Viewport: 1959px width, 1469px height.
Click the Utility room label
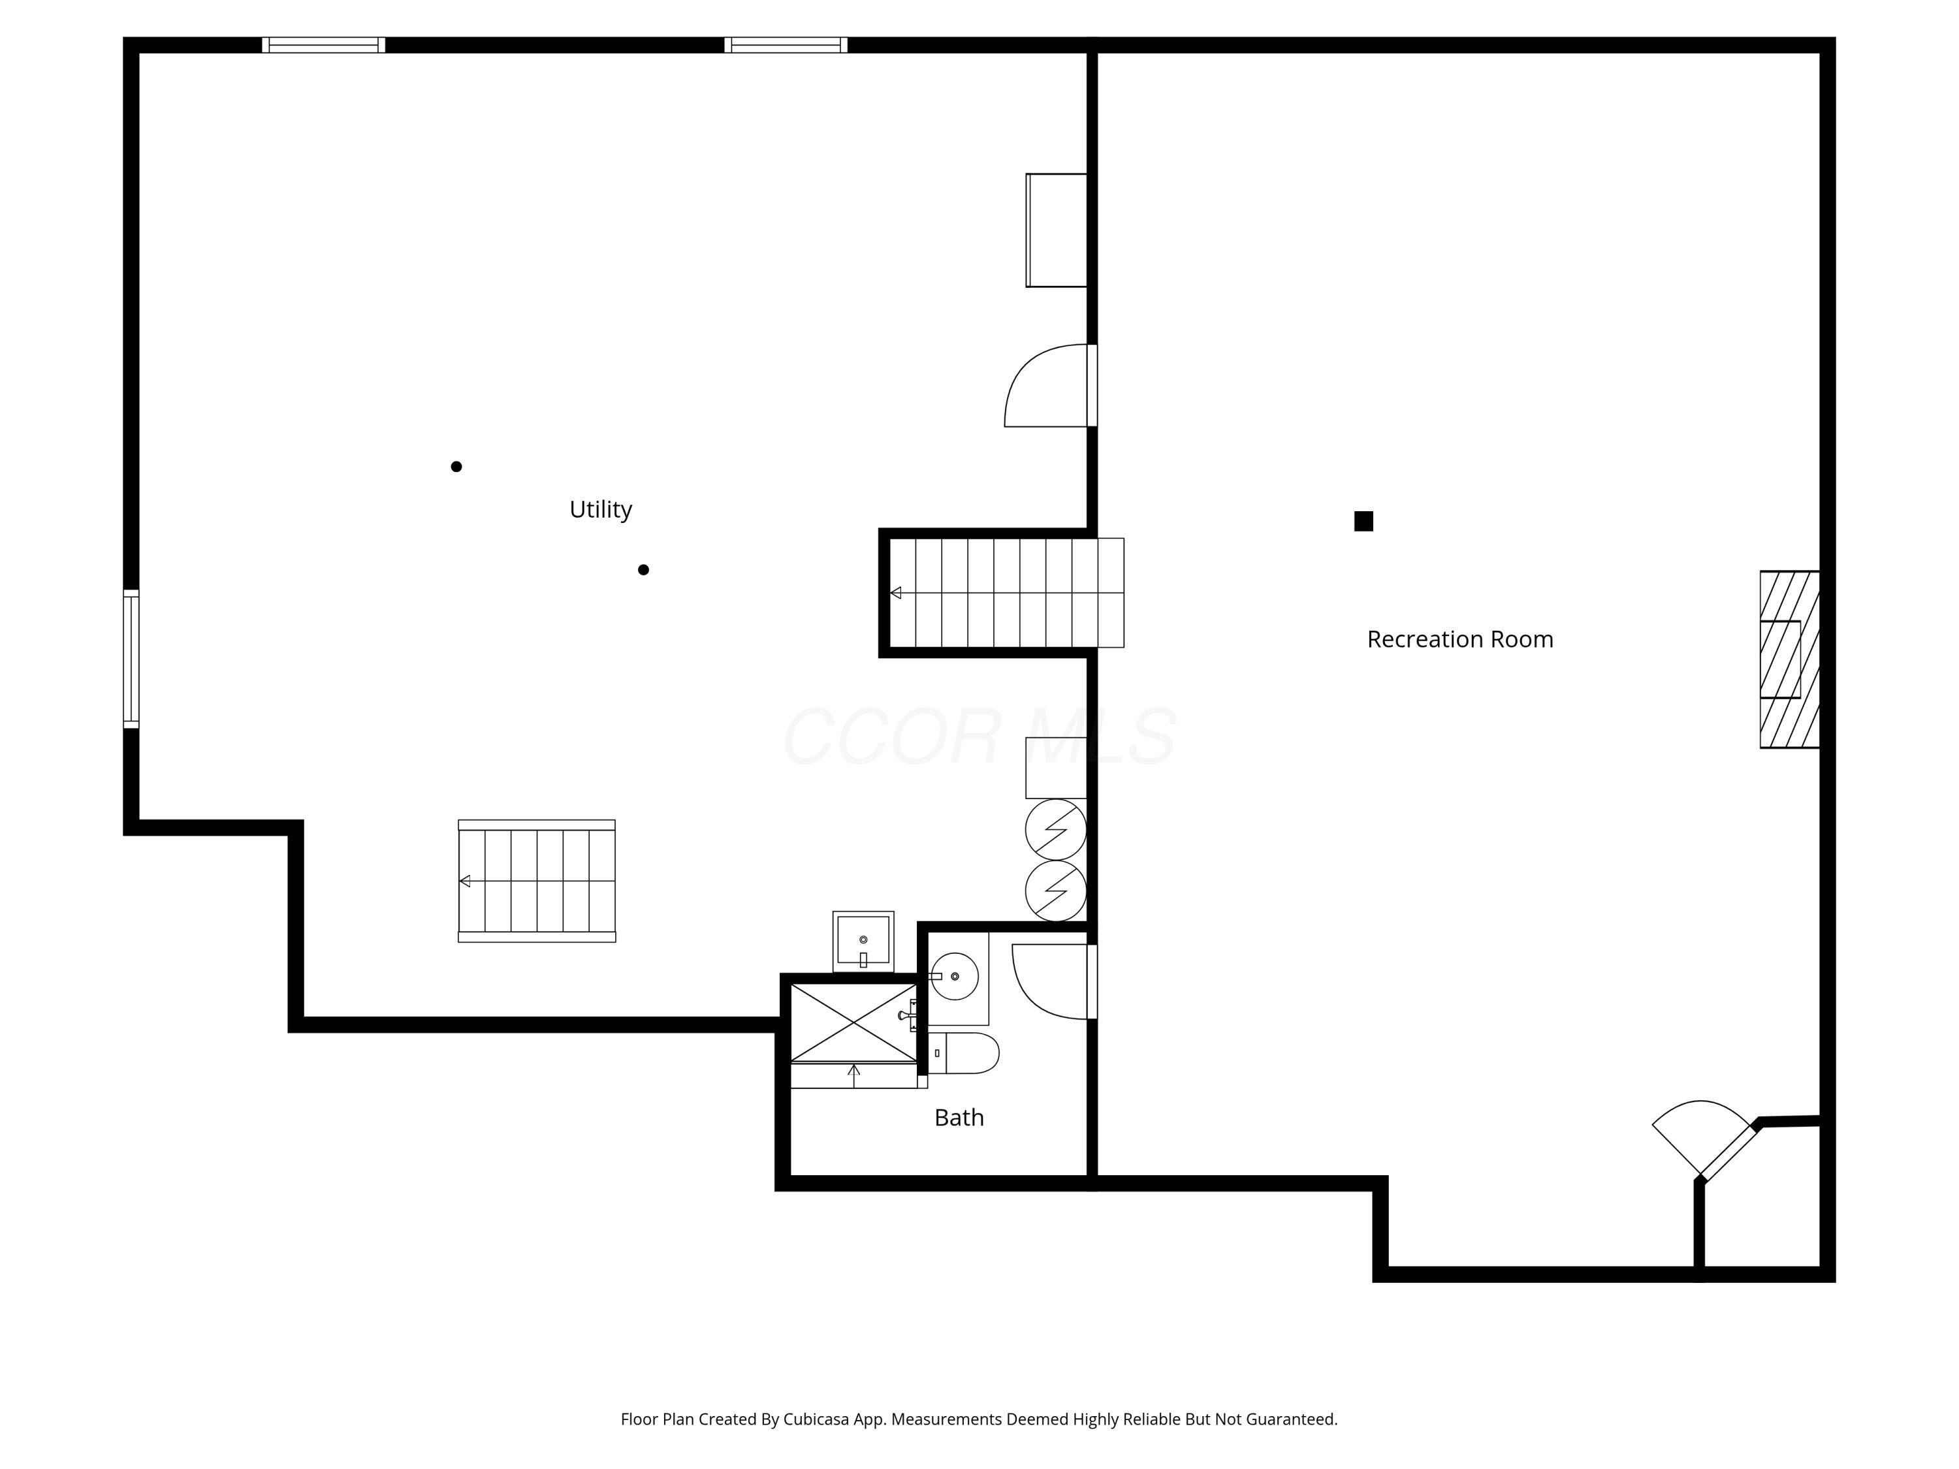[x=601, y=509]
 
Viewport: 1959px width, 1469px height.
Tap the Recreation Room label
[x=1459, y=639]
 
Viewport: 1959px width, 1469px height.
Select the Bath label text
[x=959, y=1118]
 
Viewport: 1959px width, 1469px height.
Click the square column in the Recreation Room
[x=1364, y=522]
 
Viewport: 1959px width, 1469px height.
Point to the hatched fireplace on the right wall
[x=1789, y=659]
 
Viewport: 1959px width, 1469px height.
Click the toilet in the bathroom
[x=967, y=1053]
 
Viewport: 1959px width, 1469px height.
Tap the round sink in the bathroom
[x=955, y=977]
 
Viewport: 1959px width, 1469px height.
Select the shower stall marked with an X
[x=853, y=1022]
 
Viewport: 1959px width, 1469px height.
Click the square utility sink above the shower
[x=863, y=940]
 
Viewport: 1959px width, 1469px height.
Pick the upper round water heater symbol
[x=1056, y=830]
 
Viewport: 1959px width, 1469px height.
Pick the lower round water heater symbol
[x=1056, y=891]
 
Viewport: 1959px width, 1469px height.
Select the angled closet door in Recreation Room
[x=1705, y=1139]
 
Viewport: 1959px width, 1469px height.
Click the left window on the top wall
[x=323, y=45]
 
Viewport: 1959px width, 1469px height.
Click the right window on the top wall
[x=786, y=45]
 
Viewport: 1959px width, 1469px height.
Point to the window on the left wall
[x=131, y=659]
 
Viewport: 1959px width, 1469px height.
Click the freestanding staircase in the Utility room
[x=537, y=881]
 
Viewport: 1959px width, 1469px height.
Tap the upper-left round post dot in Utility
[x=456, y=467]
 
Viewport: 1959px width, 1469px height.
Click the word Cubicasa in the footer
[x=816, y=1419]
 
